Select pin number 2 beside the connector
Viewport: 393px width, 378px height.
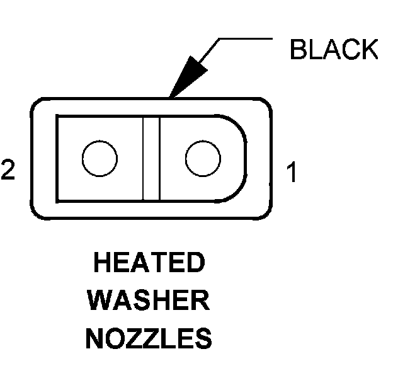[x=8, y=171]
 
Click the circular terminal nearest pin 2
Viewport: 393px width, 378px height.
[x=100, y=157]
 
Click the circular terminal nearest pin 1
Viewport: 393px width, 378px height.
[x=203, y=157]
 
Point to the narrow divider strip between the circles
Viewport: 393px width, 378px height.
[x=151, y=158]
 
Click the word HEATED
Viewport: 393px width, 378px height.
[x=149, y=263]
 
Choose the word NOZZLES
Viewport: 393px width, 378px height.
[x=149, y=340]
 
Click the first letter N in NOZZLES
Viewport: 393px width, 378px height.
[x=94, y=340]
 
